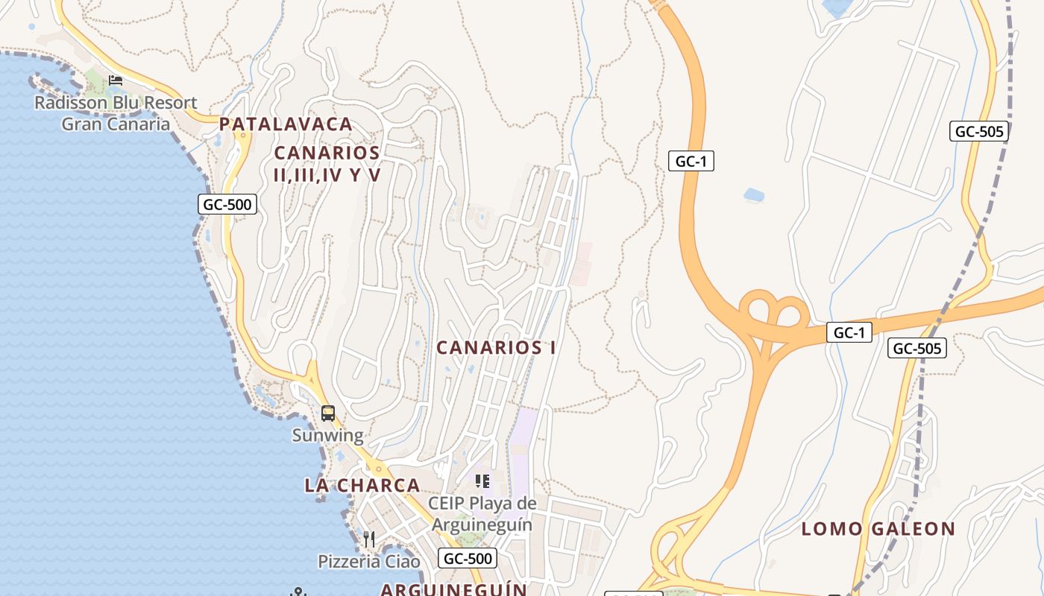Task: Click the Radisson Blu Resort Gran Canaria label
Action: pyautogui.click(x=116, y=113)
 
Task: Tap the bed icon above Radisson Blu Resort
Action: pyautogui.click(x=116, y=80)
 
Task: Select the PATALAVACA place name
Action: pyautogui.click(x=286, y=124)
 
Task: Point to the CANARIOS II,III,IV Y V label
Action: pyautogui.click(x=327, y=164)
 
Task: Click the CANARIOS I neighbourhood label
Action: pyautogui.click(x=496, y=348)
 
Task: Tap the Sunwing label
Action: pyautogui.click(x=327, y=435)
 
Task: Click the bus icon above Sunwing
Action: pyautogui.click(x=327, y=413)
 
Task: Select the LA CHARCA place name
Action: pyautogui.click(x=362, y=486)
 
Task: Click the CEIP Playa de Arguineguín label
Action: pyautogui.click(x=482, y=514)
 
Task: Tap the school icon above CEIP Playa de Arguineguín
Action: pyautogui.click(x=482, y=481)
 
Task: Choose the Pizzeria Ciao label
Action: pyautogui.click(x=369, y=562)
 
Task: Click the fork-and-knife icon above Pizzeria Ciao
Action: pyautogui.click(x=369, y=538)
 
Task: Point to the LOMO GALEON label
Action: pyautogui.click(x=878, y=530)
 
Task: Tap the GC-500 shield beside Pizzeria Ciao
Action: pyautogui.click(x=468, y=558)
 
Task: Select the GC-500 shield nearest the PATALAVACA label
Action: pyautogui.click(x=227, y=204)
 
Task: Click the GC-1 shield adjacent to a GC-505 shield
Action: pyautogui.click(x=849, y=333)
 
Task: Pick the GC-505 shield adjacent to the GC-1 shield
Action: pyautogui.click(x=917, y=348)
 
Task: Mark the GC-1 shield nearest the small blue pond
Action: pyautogui.click(x=691, y=161)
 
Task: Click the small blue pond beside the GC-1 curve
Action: pyautogui.click(x=754, y=195)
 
